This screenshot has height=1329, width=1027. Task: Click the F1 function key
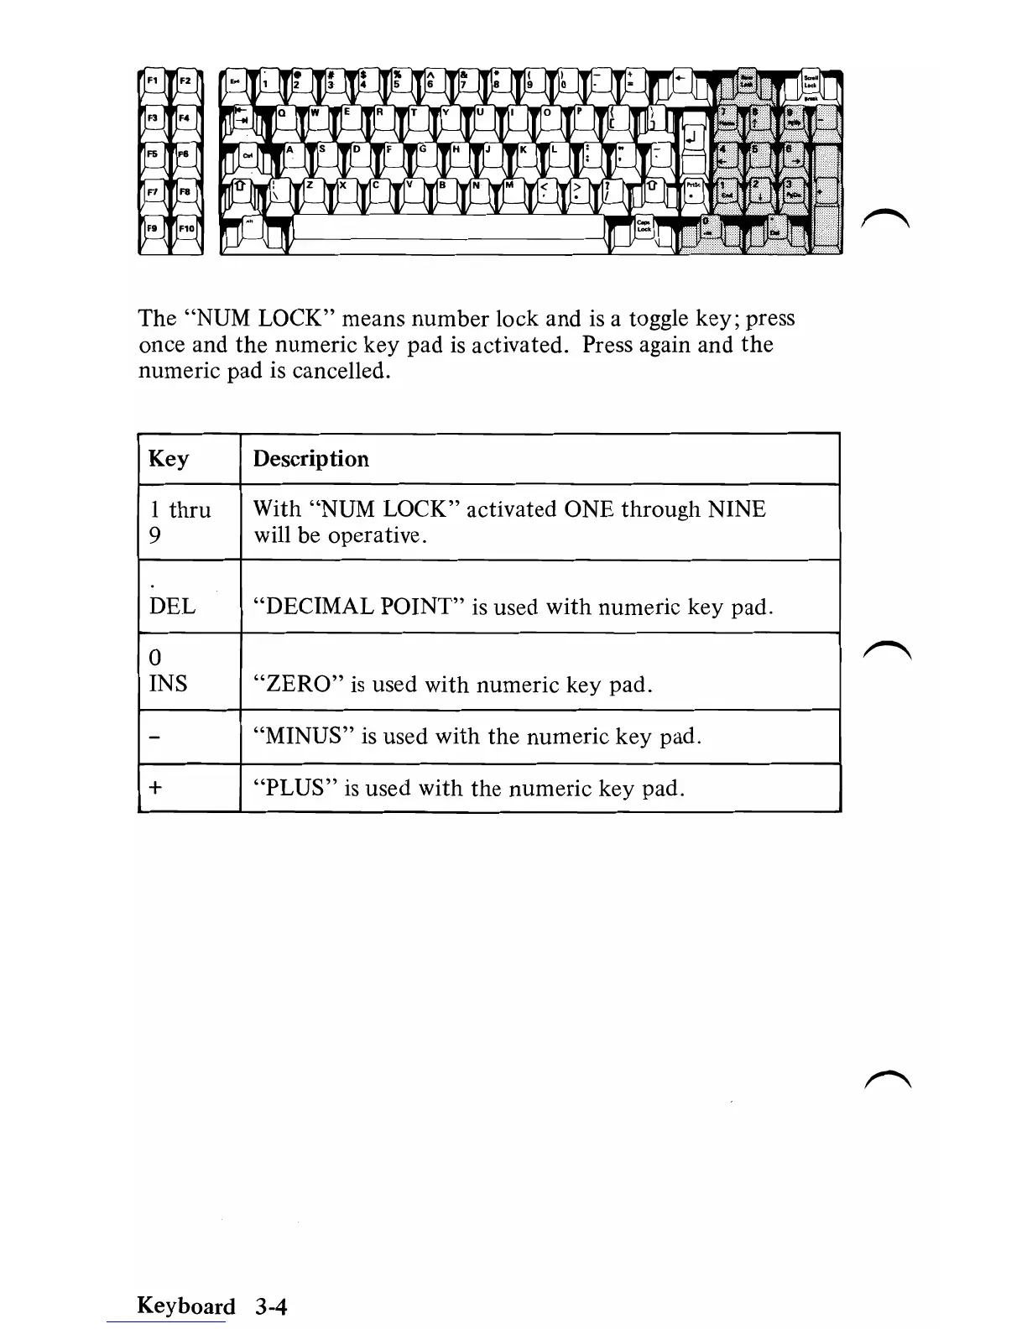point(154,82)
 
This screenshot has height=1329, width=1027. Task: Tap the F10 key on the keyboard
point(186,229)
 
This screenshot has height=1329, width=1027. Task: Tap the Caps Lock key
point(644,227)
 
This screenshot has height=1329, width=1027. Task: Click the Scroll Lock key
point(811,82)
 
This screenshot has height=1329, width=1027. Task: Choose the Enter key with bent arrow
point(695,137)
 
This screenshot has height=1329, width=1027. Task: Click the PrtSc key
point(693,190)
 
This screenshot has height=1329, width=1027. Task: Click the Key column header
point(169,459)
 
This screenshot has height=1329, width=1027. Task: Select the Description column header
point(310,459)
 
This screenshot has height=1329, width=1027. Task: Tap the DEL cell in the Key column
point(172,606)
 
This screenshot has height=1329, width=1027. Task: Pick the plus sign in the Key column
point(155,788)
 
